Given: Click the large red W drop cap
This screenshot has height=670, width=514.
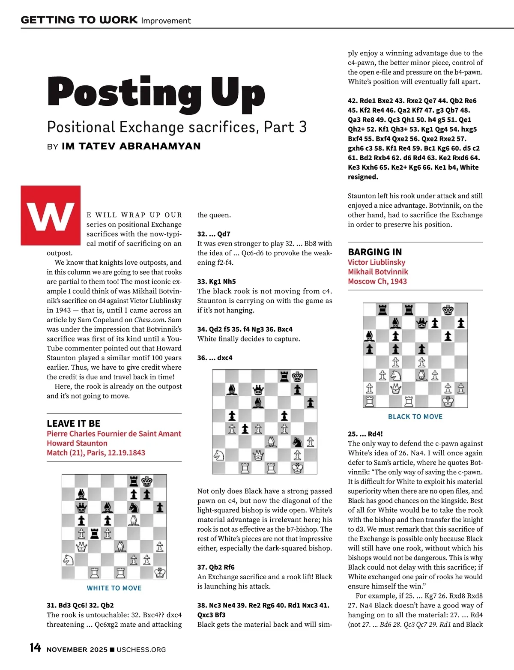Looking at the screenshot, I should pyautogui.click(x=51, y=215).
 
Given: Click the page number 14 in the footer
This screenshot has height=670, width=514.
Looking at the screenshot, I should pyautogui.click(x=35, y=648).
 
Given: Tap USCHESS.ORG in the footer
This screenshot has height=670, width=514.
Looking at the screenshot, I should pyautogui.click(x=141, y=649).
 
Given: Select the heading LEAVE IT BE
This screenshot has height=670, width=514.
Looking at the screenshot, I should pyautogui.click(x=73, y=423).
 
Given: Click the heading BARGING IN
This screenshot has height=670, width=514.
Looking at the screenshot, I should pyautogui.click(x=375, y=252).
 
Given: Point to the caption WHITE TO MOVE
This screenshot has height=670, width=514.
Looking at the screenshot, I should pyautogui.click(x=114, y=588).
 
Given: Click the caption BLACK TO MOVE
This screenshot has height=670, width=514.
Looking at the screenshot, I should pyautogui.click(x=415, y=416).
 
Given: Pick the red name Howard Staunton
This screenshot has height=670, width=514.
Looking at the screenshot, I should pyautogui.click(x=77, y=443).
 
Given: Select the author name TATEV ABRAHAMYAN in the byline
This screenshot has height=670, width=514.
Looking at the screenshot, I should pyautogui.click(x=131, y=146).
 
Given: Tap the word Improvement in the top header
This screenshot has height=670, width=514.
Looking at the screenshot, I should pyautogui.click(x=166, y=21).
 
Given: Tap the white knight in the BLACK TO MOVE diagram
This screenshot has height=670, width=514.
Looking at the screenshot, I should pyautogui.click(x=395, y=375).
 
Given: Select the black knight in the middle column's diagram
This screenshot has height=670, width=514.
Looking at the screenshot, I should pyautogui.click(x=297, y=442).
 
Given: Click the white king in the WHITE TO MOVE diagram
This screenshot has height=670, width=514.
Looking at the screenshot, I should pyautogui.click(x=160, y=572).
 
